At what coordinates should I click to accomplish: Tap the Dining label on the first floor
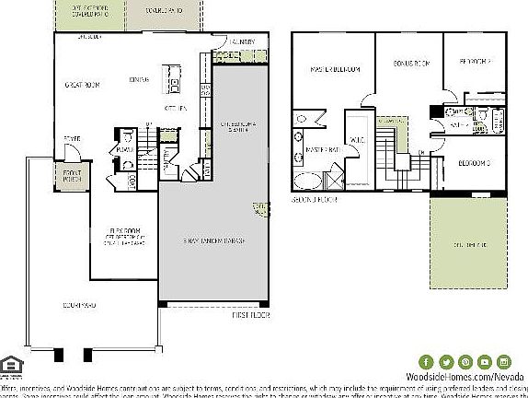click(x=140, y=79)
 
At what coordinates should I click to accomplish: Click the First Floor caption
click(x=247, y=314)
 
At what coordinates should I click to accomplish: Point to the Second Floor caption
click(x=316, y=198)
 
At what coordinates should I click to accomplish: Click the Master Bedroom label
click(x=335, y=69)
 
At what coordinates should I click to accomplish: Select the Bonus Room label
click(x=410, y=64)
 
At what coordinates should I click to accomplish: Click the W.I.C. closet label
click(x=358, y=141)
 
